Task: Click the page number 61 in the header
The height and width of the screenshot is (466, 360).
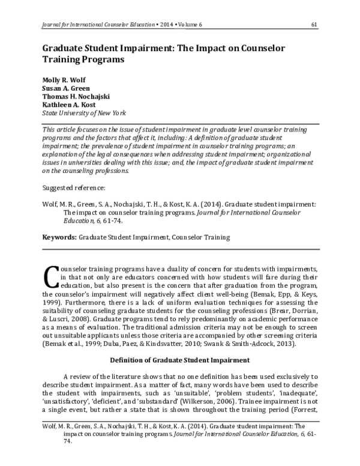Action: point(314,24)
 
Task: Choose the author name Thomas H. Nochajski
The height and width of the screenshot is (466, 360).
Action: point(76,96)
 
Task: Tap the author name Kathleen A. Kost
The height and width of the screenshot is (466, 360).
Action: point(69,104)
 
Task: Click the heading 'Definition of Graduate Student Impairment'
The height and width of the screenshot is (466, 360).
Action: point(180,360)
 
